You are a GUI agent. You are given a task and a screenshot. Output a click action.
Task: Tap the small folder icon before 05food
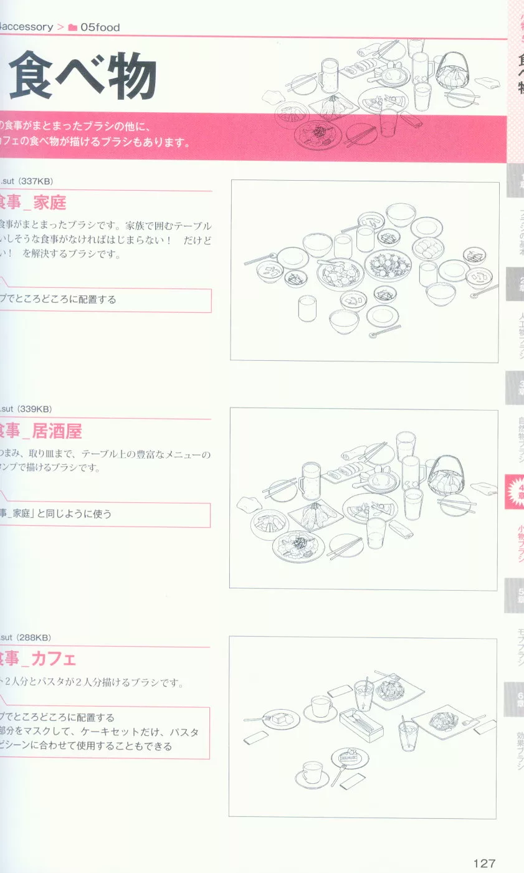[72, 27]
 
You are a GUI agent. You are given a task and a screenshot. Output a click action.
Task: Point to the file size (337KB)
[36, 181]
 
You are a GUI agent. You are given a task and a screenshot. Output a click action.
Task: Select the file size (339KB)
[36, 409]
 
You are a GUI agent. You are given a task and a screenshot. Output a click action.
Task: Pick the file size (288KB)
[36, 637]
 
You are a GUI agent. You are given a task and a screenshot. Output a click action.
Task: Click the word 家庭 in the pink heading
[50, 203]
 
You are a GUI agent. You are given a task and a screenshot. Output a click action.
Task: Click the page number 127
[484, 863]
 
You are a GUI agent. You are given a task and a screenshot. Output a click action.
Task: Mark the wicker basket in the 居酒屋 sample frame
[444, 476]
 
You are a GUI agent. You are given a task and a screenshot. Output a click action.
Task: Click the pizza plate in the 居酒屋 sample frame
[369, 508]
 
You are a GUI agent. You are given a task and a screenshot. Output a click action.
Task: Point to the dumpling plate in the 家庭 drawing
[428, 247]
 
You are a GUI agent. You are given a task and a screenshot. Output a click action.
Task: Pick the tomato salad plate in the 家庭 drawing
[388, 265]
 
